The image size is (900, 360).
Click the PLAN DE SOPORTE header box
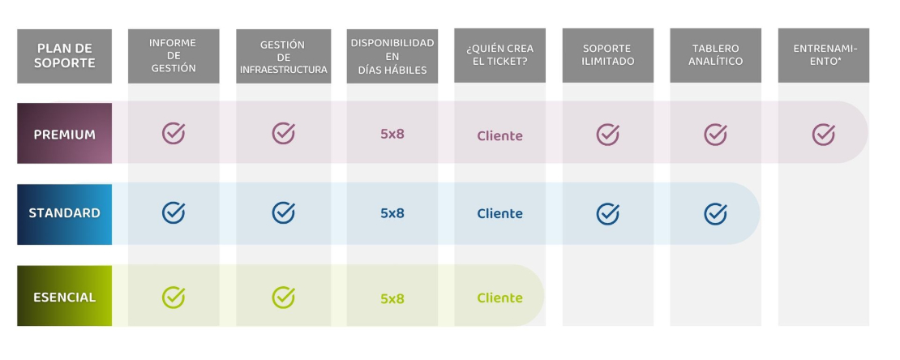(64, 56)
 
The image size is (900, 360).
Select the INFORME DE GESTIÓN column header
(174, 56)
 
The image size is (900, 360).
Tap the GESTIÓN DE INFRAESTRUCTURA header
(284, 56)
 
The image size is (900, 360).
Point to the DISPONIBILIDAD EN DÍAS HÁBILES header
(392, 56)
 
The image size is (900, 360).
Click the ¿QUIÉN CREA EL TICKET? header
(500, 56)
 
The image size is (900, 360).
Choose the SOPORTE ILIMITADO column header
(608, 56)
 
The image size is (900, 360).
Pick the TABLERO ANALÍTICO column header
(716, 56)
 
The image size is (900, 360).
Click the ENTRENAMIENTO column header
(824, 56)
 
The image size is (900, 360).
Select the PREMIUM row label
(64, 134)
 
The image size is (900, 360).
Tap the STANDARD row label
(64, 213)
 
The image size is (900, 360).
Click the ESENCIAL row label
(64, 296)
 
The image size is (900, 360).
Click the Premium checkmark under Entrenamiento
(824, 135)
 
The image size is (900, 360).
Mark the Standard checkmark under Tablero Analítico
(716, 213)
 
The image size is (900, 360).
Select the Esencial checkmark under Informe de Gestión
(174, 298)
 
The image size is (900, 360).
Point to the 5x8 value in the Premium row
(392, 134)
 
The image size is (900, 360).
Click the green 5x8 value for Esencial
(392, 298)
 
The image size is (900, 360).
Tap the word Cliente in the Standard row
(500, 213)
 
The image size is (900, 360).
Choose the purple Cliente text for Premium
(500, 136)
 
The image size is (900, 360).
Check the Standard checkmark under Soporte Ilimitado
(608, 213)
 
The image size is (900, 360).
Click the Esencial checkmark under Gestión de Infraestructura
(284, 298)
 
